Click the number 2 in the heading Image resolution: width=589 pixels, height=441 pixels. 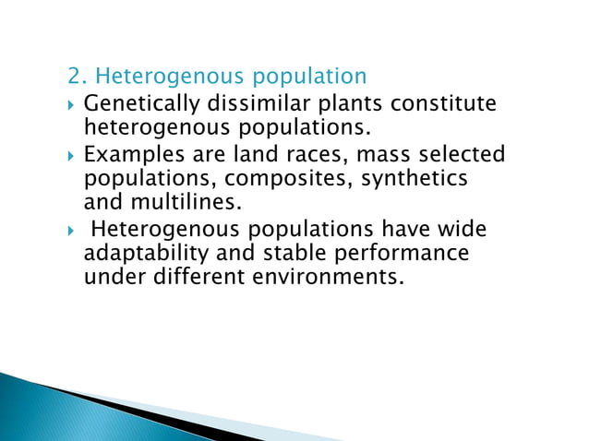pyautogui.click(x=74, y=75)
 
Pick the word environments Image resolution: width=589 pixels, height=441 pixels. pyautogui.click(x=333, y=276)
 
